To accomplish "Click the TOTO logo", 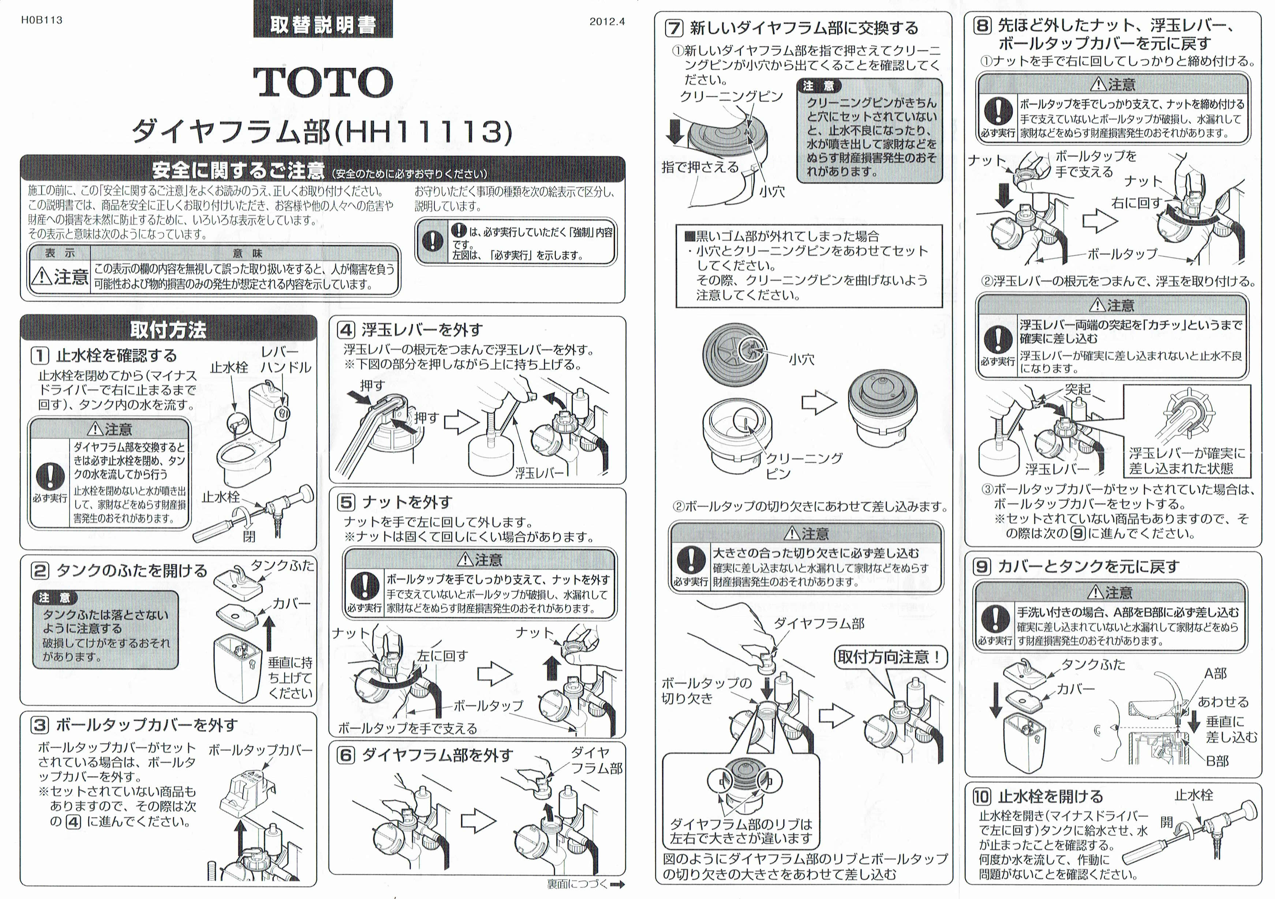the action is point(323,82).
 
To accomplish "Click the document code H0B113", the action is point(42,20).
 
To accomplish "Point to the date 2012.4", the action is point(607,22).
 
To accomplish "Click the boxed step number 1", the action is point(40,355).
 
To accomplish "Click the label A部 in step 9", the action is point(1215,674).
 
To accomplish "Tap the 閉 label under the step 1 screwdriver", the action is point(249,536).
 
